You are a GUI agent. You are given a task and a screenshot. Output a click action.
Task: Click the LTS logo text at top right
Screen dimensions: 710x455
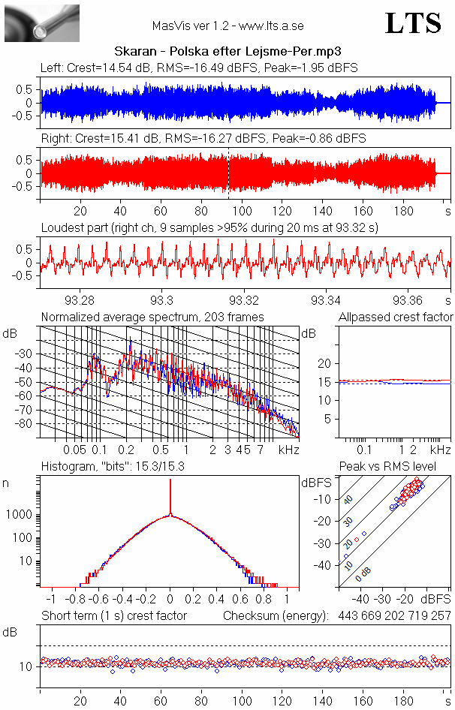tap(413, 23)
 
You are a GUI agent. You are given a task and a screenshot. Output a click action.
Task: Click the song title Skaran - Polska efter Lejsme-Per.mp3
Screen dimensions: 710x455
tap(227, 52)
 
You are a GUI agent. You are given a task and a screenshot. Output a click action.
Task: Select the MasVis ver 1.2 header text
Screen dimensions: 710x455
tap(227, 26)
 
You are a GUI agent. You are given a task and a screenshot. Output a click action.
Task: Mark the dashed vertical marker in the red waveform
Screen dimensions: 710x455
tap(228, 173)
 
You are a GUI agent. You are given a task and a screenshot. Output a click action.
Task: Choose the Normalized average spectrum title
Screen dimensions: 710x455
tap(152, 317)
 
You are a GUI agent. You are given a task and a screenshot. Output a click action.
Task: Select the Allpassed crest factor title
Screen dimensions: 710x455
tap(396, 317)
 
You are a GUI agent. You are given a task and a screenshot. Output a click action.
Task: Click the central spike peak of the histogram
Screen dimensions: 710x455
tap(170, 480)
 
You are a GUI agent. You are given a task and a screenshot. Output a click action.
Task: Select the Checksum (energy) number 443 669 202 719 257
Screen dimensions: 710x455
tap(390, 615)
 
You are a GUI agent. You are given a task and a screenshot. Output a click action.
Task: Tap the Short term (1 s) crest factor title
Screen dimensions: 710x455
tap(113, 615)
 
